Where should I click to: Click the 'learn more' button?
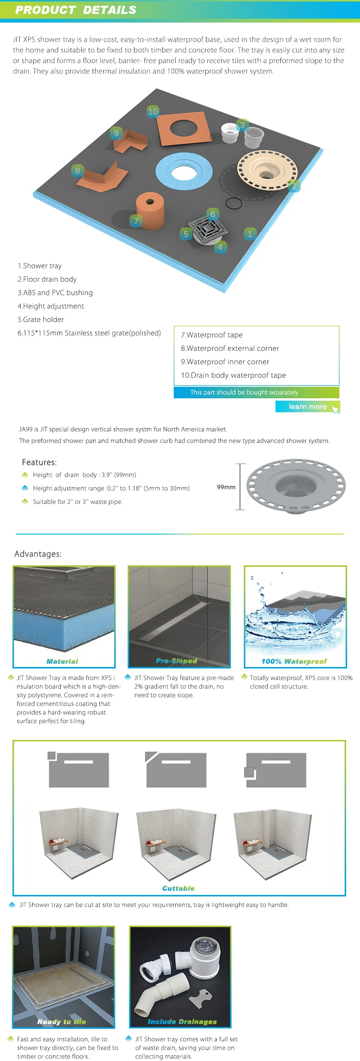308,406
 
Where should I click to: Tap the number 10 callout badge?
153,111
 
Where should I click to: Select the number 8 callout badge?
78,170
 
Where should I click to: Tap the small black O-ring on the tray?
234,203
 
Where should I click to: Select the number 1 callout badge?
250,234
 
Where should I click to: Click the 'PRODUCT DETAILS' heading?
76,10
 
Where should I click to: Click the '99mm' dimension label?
226,487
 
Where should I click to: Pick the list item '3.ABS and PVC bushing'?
55,293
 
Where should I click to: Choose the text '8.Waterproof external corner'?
230,348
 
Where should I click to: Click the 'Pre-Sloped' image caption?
177,661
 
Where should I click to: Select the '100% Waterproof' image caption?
294,661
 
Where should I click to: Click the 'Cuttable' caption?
179,888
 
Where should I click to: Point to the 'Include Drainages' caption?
182,1022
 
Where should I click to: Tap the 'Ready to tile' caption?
62,1022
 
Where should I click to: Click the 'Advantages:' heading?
38,554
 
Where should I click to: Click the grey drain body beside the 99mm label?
296,486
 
